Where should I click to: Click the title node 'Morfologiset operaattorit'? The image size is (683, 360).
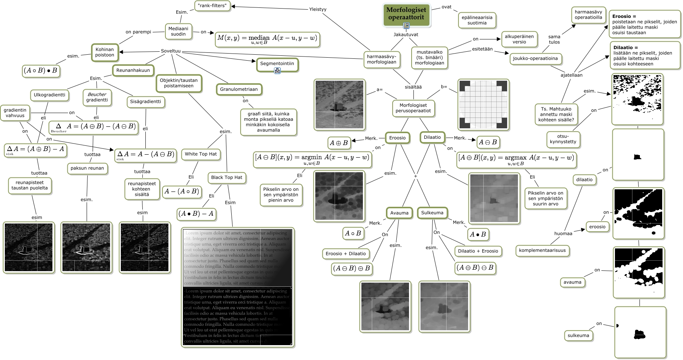tap(406, 14)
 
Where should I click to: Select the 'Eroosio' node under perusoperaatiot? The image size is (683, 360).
tap(397, 138)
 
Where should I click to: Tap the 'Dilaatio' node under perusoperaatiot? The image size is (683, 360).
tap(432, 137)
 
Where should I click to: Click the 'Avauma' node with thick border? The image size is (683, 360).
tap(399, 213)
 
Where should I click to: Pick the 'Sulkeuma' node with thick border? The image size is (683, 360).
tap(432, 213)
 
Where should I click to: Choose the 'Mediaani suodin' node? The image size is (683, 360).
tap(178, 31)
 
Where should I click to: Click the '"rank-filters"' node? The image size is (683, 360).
tap(212, 6)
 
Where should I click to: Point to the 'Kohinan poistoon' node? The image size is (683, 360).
tap(104, 52)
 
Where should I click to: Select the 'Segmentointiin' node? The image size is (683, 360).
tap(277, 64)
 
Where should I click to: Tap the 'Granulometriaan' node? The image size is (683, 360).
tap(239, 89)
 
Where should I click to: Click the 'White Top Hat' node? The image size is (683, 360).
tap(201, 154)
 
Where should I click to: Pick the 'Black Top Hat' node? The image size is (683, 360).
tap(226, 177)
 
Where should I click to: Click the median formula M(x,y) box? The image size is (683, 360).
tap(267, 39)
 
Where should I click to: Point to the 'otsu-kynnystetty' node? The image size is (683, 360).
tap(563, 139)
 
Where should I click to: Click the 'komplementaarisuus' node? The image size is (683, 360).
tap(542, 250)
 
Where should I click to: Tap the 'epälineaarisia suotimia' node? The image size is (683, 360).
tap(477, 20)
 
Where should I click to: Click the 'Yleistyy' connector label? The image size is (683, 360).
tap(318, 9)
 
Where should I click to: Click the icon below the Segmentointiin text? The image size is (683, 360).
tap(277, 71)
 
